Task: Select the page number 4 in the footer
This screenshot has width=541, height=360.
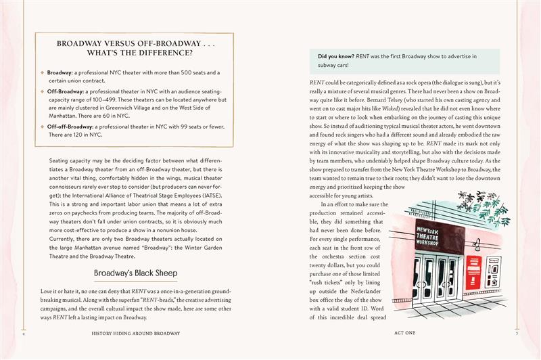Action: click(x=24, y=333)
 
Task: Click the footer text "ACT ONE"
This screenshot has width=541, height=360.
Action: click(x=406, y=333)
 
